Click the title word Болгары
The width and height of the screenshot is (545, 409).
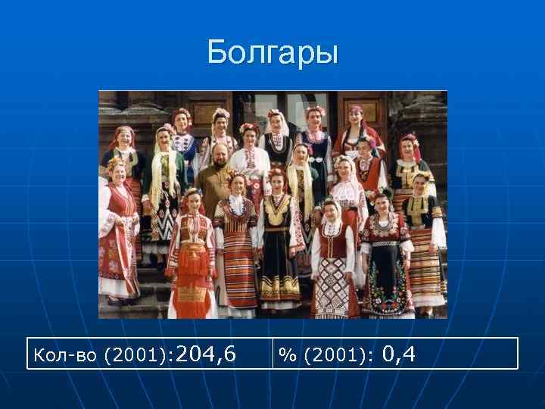(272, 53)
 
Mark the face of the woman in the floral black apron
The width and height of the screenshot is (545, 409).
(381, 201)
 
